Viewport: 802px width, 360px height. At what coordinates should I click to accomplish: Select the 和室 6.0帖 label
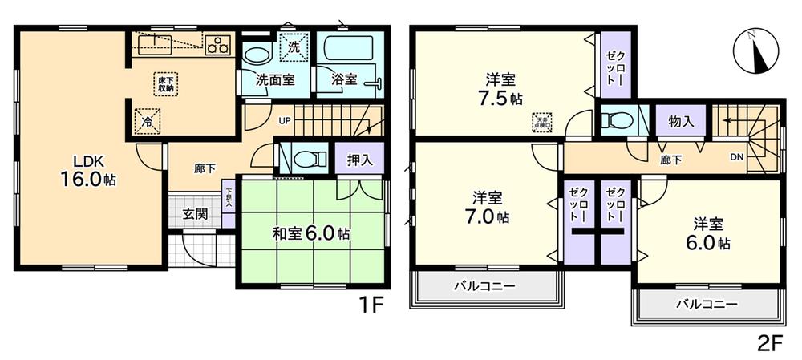coord(310,234)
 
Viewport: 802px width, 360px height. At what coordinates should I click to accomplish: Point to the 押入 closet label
coord(359,160)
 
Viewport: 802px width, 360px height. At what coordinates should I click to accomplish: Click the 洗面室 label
coord(274,80)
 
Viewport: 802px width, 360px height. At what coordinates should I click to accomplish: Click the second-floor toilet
coord(616,121)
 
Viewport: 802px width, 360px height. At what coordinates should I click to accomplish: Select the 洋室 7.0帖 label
coord(487,206)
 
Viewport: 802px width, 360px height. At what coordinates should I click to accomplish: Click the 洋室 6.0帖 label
coord(710,232)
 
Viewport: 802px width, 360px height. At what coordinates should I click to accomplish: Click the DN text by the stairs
coord(736,157)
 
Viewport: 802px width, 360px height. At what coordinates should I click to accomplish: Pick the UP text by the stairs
coord(285,121)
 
